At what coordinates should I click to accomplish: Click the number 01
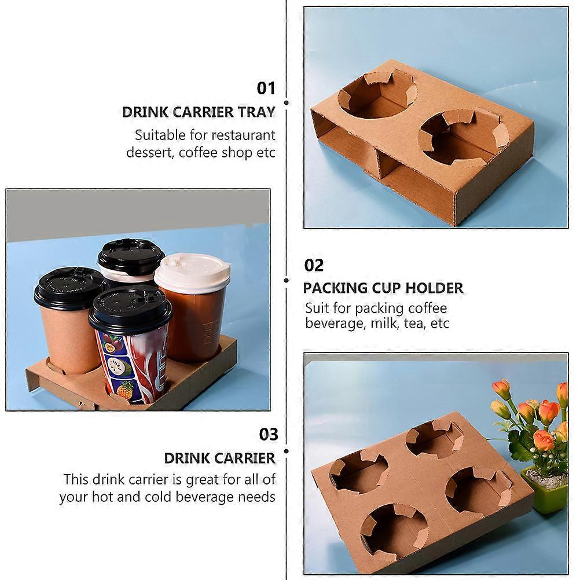(266, 89)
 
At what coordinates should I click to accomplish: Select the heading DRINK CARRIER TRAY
(199, 112)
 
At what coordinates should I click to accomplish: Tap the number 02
(314, 266)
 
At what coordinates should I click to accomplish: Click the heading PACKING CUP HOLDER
(383, 288)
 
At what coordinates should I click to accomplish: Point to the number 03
(268, 434)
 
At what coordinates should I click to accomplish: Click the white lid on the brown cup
(192, 271)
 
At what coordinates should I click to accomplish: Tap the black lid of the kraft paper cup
(69, 288)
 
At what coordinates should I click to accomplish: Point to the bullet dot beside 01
(287, 102)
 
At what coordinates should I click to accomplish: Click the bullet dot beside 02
(287, 280)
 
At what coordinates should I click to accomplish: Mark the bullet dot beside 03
(287, 451)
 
